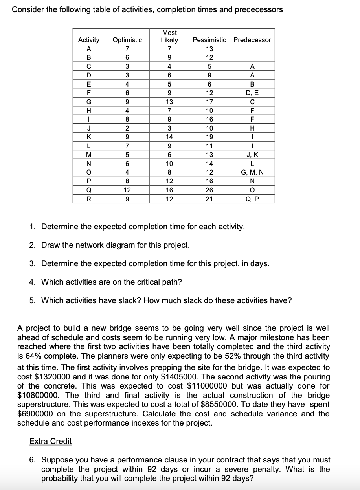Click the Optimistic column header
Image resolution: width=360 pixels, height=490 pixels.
pyautogui.click(x=127, y=40)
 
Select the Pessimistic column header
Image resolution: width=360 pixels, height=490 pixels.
pyautogui.click(x=209, y=40)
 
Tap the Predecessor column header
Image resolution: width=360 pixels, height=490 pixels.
pyautogui.click(x=252, y=40)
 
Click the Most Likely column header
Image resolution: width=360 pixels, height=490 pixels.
pyautogui.click(x=169, y=36)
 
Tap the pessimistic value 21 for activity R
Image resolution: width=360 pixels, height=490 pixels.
pyautogui.click(x=209, y=199)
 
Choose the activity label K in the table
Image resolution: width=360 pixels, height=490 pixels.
pyautogui.click(x=89, y=137)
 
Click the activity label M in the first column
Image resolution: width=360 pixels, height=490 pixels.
pyautogui.click(x=89, y=155)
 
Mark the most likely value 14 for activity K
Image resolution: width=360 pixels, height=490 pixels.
pyautogui.click(x=169, y=137)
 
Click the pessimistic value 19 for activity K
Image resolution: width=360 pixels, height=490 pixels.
pyautogui.click(x=209, y=137)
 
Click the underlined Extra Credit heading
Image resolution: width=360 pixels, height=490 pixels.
pyautogui.click(x=50, y=441)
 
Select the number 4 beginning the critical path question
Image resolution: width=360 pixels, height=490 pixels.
pyautogui.click(x=33, y=282)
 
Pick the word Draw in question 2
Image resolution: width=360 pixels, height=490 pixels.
pyautogui.click(x=51, y=245)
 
